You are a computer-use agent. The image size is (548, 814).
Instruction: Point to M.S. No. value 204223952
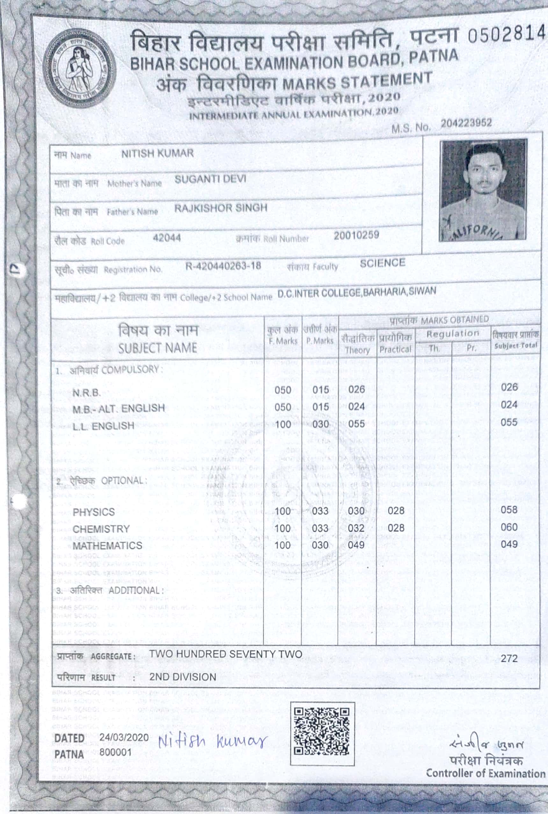click(x=466, y=123)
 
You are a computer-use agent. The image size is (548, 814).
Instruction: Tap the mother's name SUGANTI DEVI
click(x=210, y=179)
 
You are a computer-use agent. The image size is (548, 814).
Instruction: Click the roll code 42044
click(x=167, y=238)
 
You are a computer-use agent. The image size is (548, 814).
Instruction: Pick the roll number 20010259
click(x=356, y=235)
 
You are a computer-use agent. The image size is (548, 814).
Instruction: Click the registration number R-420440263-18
click(x=223, y=266)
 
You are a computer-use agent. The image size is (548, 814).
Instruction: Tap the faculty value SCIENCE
click(x=382, y=263)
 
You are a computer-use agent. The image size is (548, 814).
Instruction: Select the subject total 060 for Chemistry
click(x=509, y=527)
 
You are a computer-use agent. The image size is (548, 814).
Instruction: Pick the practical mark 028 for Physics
click(x=396, y=511)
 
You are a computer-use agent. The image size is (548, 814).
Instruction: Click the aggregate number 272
click(x=509, y=658)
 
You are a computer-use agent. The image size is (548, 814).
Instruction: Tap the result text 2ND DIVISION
click(x=183, y=677)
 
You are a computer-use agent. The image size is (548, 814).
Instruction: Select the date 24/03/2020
click(x=124, y=737)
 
